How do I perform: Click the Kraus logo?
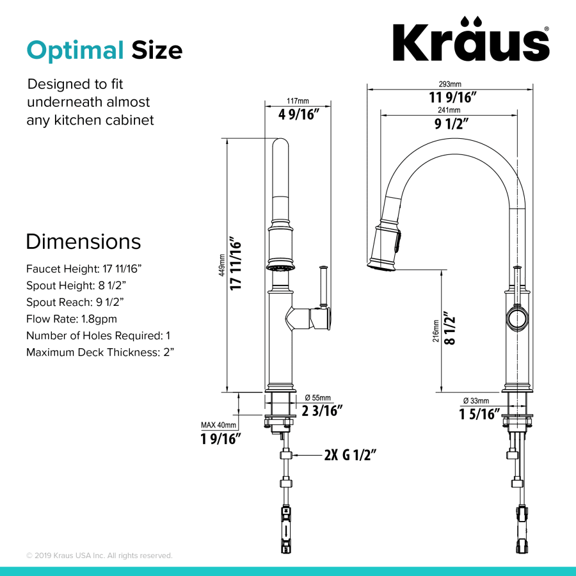(470, 42)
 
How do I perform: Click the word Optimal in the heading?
(75, 50)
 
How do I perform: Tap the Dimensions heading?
(83, 242)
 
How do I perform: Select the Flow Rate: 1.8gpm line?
(72, 319)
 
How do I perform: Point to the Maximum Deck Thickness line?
(100, 352)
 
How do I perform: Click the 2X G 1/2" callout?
(349, 455)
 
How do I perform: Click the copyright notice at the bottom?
(99, 556)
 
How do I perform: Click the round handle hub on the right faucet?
(516, 318)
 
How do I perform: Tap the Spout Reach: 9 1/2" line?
(75, 302)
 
